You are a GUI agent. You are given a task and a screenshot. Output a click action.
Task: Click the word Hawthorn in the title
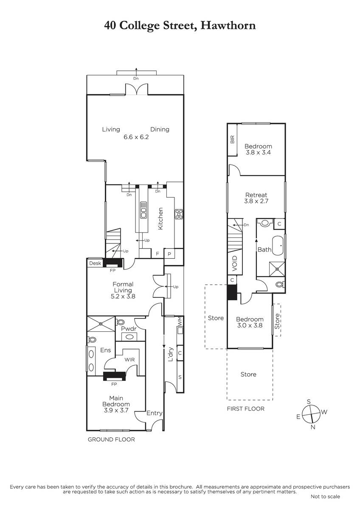[x=228, y=25]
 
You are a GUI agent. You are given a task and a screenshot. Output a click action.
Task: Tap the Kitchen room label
[x=160, y=218]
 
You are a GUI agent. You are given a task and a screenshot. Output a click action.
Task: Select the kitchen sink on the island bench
[x=143, y=210]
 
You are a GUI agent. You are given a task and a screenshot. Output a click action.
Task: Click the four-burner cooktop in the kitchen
[x=179, y=214]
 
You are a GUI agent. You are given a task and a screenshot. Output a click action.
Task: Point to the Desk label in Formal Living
[x=95, y=263]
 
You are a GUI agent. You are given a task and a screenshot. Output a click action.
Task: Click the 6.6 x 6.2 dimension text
[x=136, y=137]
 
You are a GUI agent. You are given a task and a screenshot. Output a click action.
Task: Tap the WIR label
[x=129, y=360]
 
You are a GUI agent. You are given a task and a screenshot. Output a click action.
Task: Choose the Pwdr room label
[x=129, y=329]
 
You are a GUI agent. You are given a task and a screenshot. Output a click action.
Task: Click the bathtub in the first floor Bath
[x=278, y=246]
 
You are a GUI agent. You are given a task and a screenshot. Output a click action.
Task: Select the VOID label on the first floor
[x=235, y=263]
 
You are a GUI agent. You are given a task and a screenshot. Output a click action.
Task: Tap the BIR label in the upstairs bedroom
[x=232, y=140]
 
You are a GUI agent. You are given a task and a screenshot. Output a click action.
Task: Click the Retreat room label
[x=256, y=195]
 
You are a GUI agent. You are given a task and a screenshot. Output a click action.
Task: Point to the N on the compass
[x=313, y=427]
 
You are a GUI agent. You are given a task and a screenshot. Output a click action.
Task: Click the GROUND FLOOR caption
[x=111, y=439]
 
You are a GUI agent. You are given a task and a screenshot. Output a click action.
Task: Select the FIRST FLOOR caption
[x=246, y=409]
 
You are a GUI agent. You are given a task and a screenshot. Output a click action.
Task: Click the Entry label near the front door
[x=155, y=413]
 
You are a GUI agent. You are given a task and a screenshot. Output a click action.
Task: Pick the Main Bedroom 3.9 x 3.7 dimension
[x=116, y=411]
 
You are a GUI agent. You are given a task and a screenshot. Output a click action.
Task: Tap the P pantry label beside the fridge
[x=169, y=254]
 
